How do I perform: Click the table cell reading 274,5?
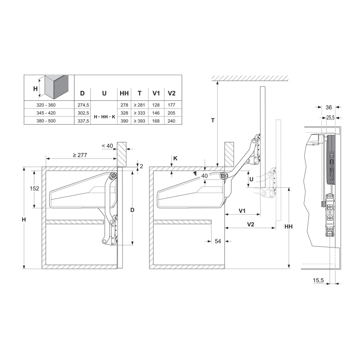(83, 105)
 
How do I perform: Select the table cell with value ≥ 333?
(139, 113)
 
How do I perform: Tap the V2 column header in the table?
(171, 93)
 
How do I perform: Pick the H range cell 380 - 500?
(46, 121)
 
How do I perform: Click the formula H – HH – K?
(104, 117)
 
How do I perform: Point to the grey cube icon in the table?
(57, 86)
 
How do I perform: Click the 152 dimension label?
(35, 189)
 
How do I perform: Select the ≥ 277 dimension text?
(80, 155)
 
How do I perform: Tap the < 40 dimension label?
(107, 146)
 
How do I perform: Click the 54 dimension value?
(218, 241)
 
